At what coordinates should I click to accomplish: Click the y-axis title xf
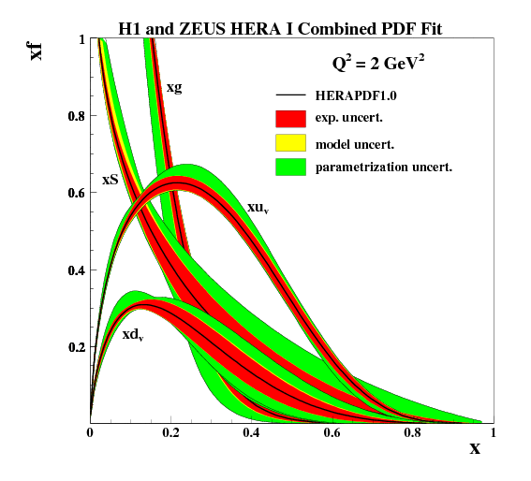click(x=37, y=48)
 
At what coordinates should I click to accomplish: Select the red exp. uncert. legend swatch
click(x=291, y=119)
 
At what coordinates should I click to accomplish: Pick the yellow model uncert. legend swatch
click(x=291, y=143)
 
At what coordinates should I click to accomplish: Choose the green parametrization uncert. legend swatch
click(x=291, y=168)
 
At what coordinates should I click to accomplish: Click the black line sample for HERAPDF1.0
click(x=291, y=95)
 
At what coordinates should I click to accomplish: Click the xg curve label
click(x=173, y=87)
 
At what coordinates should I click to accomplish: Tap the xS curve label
click(x=110, y=179)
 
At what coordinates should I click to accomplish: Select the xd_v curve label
click(x=132, y=333)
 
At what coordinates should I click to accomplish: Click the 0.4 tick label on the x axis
click(x=251, y=432)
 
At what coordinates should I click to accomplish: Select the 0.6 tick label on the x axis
click(x=332, y=432)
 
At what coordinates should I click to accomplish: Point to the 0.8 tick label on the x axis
click(x=412, y=432)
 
